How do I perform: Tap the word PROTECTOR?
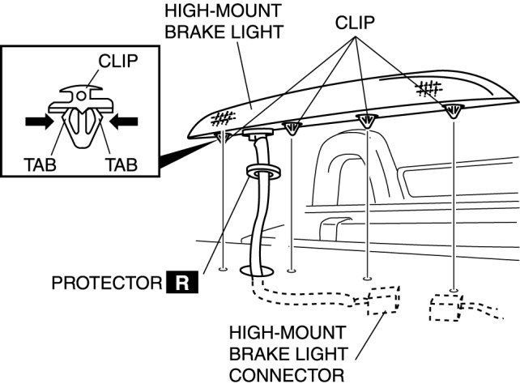106,284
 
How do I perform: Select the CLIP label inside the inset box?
118,62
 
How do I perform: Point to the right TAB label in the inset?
120,164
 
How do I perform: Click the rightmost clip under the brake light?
453,111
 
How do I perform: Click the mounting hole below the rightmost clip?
454,290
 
